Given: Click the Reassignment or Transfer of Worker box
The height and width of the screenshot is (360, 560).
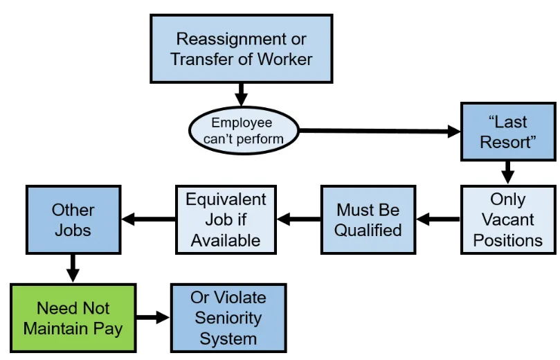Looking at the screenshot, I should [x=241, y=48].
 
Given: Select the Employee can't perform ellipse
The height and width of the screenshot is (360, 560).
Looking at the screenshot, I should [x=243, y=131].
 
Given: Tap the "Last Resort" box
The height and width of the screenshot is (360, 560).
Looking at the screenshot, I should [x=507, y=132].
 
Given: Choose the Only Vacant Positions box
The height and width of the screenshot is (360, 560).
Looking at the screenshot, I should [x=507, y=219].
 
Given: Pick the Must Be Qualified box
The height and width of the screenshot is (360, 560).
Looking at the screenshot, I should [x=368, y=219].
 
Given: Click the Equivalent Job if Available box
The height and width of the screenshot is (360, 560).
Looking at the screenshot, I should [x=226, y=219].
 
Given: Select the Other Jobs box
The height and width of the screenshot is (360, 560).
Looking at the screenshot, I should [x=73, y=219].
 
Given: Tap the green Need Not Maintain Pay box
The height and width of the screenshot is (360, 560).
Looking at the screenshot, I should [x=73, y=318].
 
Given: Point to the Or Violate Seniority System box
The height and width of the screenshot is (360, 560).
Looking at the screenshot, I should [x=228, y=318].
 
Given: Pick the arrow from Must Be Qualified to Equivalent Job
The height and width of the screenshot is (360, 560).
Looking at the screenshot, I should [x=298, y=219].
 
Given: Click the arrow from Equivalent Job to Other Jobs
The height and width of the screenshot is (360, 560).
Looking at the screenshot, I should [x=148, y=219].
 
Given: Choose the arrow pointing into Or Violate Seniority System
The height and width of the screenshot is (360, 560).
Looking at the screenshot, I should [x=152, y=318].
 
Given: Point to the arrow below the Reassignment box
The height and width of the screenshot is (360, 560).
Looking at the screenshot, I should [x=241, y=93].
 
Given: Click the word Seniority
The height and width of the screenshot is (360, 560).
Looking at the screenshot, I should [x=228, y=318].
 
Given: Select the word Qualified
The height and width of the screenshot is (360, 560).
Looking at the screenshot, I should [x=368, y=230].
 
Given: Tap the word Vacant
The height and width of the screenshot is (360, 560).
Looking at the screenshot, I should [x=507, y=219].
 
